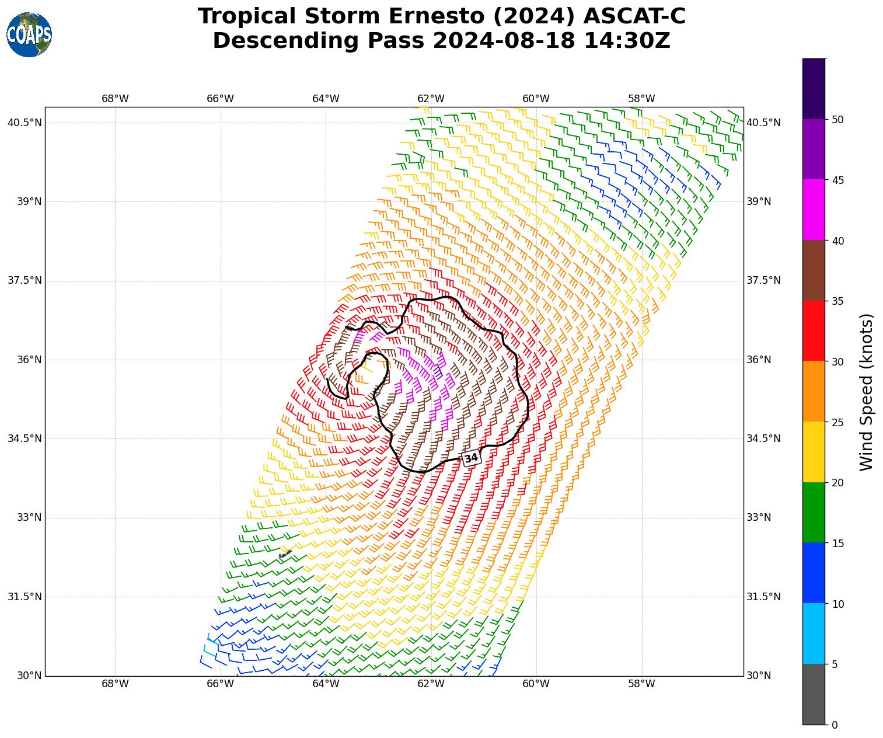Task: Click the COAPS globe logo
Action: click(x=29, y=35)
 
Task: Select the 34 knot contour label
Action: click(x=471, y=458)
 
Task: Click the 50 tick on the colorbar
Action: click(x=837, y=120)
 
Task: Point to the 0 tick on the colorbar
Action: click(x=835, y=725)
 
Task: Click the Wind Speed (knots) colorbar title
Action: click(x=867, y=392)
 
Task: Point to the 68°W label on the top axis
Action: click(x=115, y=99)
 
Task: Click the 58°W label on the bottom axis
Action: click(x=641, y=684)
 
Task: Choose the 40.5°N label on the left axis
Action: click(x=25, y=123)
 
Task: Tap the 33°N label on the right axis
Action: click(x=759, y=518)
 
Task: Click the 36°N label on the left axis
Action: click(x=29, y=360)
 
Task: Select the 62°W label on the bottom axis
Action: click(x=431, y=684)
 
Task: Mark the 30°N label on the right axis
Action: click(x=759, y=676)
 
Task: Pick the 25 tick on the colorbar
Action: click(x=837, y=422)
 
